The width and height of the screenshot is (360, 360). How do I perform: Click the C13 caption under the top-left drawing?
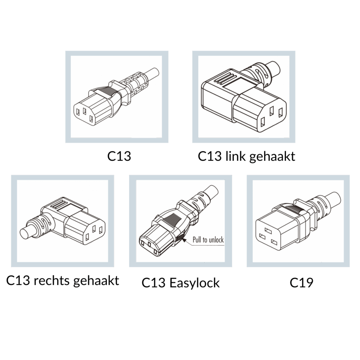tap(119, 156)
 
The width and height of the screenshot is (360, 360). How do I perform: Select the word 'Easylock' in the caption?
tap(194, 283)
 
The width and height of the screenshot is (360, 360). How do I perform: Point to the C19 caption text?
tap(301, 283)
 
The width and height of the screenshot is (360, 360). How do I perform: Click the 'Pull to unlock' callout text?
tap(208, 240)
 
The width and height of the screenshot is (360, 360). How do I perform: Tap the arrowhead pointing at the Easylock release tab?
tap(184, 240)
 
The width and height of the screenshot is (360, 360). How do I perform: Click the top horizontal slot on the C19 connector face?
tap(268, 230)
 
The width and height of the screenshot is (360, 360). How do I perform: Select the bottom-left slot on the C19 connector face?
tap(262, 236)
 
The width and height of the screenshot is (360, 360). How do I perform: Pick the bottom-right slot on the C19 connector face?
tap(274, 242)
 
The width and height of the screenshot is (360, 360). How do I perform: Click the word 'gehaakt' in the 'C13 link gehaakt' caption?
tap(272, 156)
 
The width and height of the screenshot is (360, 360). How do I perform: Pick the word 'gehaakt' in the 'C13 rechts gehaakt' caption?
tap(96, 281)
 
